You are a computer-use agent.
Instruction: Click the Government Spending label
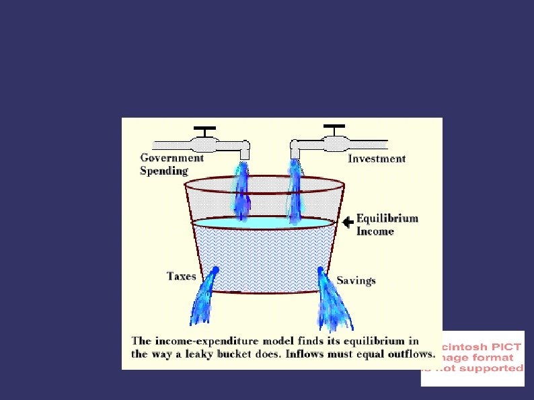pos(171,164)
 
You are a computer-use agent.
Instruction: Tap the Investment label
pos(377,159)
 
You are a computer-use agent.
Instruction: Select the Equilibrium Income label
pos(387,225)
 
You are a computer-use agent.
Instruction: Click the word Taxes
pos(182,276)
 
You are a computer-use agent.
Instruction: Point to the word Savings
pos(356,280)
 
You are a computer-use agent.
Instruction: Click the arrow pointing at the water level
pos(347,221)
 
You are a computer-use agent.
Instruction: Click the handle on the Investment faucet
pos(334,127)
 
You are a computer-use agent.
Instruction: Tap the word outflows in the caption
pos(412,354)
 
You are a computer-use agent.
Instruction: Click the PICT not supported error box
pos(472,358)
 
